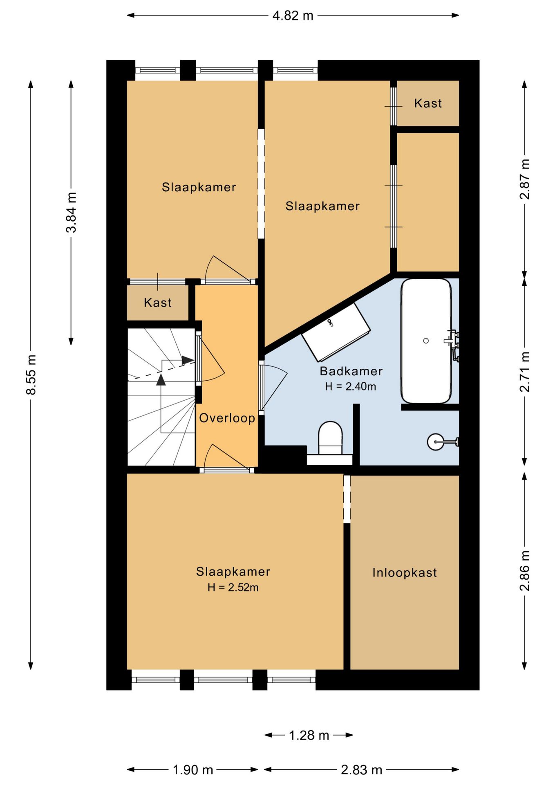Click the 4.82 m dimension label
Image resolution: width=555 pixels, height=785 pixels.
(293, 16)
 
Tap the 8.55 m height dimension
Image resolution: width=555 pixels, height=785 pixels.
(31, 375)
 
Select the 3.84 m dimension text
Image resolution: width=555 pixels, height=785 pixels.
(72, 212)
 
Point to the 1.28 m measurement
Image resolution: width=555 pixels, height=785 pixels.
(309, 736)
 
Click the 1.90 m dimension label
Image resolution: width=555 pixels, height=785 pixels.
(193, 770)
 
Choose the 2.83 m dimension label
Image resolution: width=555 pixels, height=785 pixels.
(362, 770)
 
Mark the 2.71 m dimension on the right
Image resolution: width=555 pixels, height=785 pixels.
(525, 372)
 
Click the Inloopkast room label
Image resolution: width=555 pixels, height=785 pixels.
(405, 572)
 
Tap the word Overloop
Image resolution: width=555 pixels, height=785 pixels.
(227, 418)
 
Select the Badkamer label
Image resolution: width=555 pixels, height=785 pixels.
(351, 371)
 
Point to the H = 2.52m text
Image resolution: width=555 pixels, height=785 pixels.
(233, 588)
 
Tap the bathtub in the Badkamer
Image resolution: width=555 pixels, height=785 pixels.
(426, 341)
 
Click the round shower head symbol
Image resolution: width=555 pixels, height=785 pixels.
(435, 442)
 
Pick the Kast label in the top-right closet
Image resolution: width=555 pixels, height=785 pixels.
(428, 103)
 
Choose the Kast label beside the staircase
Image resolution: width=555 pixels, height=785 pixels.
(158, 303)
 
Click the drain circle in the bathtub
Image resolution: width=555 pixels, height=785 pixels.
(426, 341)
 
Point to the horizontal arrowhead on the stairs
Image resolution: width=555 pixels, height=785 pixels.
(188, 360)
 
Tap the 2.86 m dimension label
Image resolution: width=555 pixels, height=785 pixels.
(525, 571)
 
